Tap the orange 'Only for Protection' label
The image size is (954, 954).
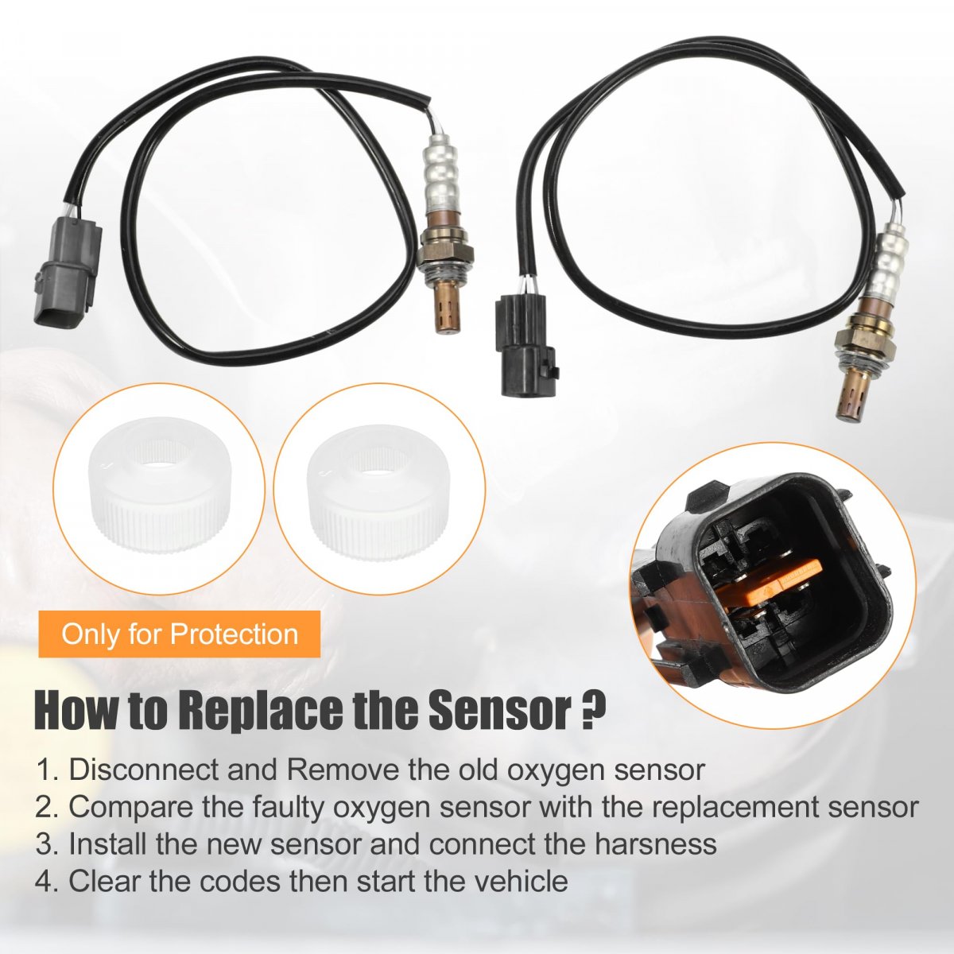point(180,634)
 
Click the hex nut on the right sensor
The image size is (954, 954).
point(866,344)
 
